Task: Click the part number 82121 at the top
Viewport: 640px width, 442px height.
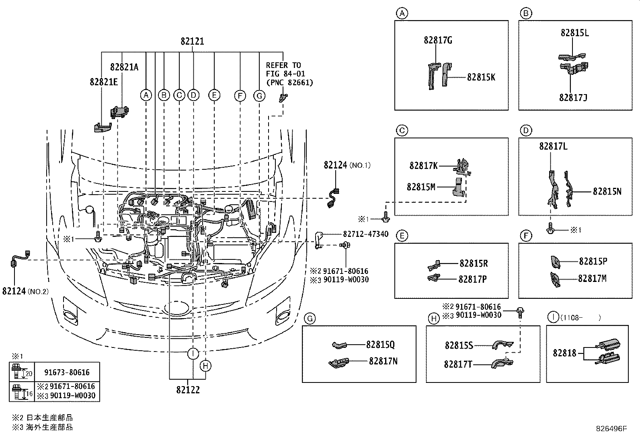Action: pyautogui.click(x=192, y=41)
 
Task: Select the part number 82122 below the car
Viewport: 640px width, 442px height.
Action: pyautogui.click(x=188, y=390)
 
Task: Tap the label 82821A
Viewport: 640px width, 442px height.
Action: pyautogui.click(x=124, y=67)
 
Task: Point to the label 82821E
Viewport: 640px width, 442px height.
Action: pyautogui.click(x=104, y=82)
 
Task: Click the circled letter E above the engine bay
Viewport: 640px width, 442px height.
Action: pyautogui.click(x=214, y=95)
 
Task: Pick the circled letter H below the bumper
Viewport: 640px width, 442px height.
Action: pyautogui.click(x=205, y=366)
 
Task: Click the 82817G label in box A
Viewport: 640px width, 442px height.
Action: pyautogui.click(x=438, y=40)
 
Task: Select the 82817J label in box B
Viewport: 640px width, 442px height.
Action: pyautogui.click(x=573, y=98)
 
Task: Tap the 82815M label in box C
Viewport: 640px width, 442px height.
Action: pyautogui.click(x=421, y=187)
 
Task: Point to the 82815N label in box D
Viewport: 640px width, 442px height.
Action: pyautogui.click(x=607, y=191)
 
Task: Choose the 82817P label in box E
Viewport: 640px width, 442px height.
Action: pyautogui.click(x=473, y=279)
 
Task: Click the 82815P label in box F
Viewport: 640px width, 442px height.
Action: pyautogui.click(x=593, y=261)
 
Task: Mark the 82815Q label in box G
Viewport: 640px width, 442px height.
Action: pyautogui.click(x=380, y=345)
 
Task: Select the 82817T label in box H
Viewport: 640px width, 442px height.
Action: pyautogui.click(x=458, y=364)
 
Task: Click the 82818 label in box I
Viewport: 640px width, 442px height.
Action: pyautogui.click(x=564, y=353)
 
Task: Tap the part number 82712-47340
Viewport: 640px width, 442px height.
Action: pyautogui.click(x=366, y=234)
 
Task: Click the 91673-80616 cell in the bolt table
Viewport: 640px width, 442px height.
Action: pyautogui.click(x=67, y=372)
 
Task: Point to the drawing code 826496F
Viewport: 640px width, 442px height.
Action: pyautogui.click(x=611, y=429)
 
